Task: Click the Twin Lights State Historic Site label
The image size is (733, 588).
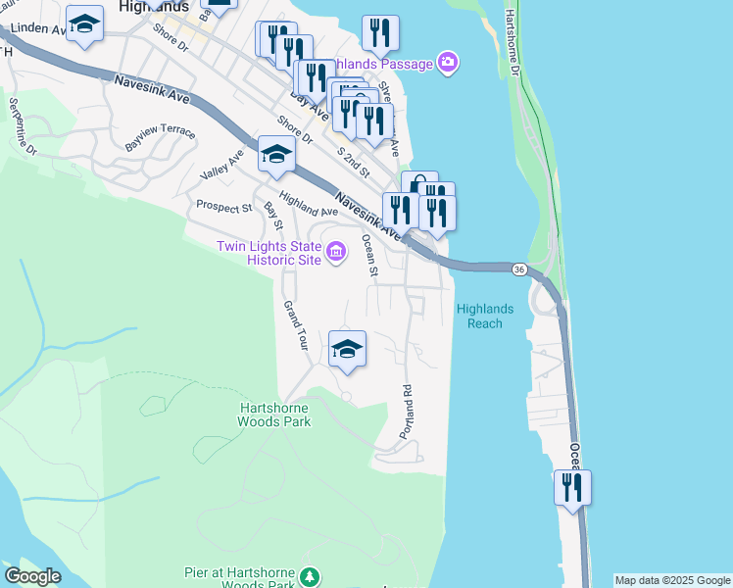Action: [269, 253]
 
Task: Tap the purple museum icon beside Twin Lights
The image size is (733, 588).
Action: [335, 253]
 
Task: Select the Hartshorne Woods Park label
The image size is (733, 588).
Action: [274, 415]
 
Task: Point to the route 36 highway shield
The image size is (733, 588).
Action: [519, 269]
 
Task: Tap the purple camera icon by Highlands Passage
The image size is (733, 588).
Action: [448, 64]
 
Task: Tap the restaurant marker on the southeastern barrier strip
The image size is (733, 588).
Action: [572, 488]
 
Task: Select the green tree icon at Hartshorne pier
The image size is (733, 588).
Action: [311, 575]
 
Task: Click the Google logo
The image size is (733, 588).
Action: [32, 576]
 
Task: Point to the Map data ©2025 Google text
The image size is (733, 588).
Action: [672, 580]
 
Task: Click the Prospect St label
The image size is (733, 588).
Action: [224, 206]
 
